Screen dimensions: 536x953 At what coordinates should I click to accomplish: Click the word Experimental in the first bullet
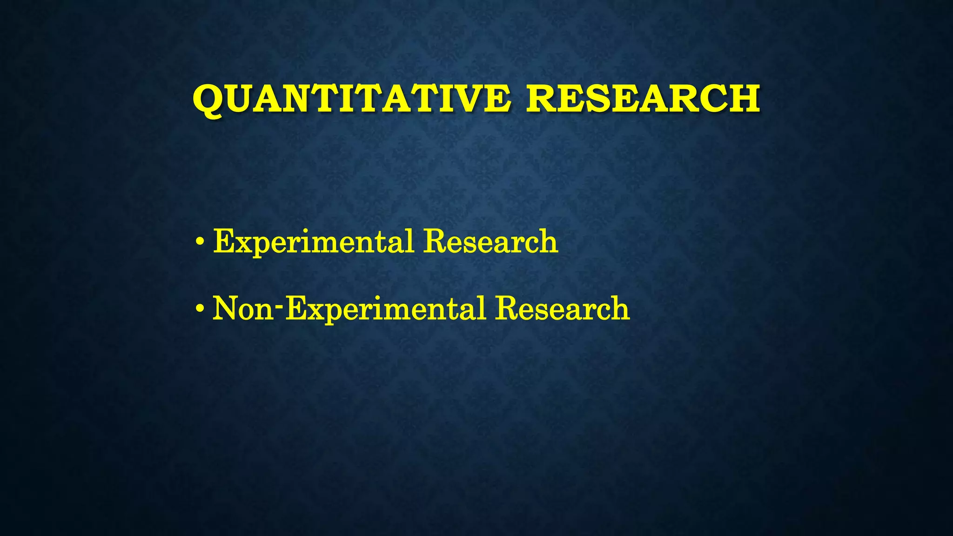click(x=313, y=242)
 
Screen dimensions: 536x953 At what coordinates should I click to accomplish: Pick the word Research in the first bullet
click(x=490, y=242)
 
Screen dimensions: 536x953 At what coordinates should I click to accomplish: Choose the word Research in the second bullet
click(x=562, y=308)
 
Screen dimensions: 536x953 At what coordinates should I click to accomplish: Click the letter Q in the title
click(x=208, y=100)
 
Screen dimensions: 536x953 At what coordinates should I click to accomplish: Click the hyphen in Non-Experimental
click(x=279, y=307)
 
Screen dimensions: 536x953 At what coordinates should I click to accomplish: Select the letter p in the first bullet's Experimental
click(x=260, y=247)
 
